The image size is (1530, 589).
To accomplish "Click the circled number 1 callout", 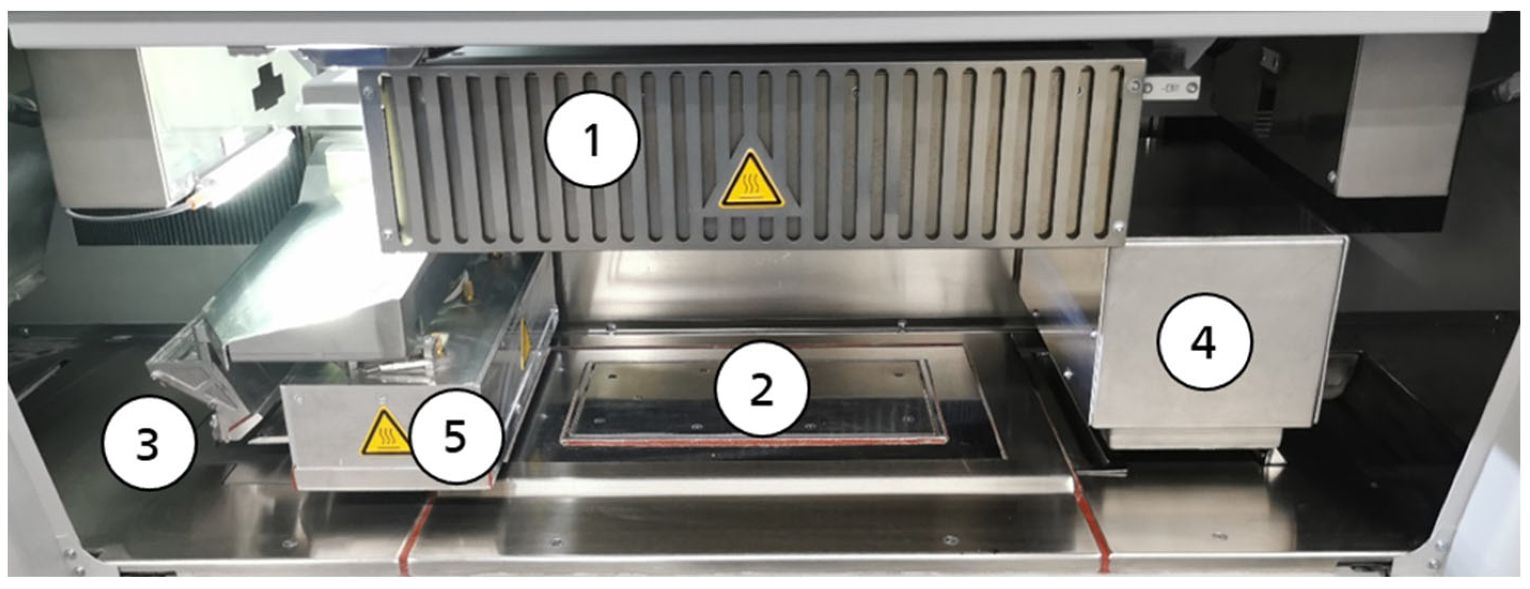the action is pos(592,140).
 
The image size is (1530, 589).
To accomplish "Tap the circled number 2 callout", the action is pos(762,389).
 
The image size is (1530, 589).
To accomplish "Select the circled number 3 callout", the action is pos(148,443).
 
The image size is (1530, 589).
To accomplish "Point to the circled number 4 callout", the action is pos(1205,343).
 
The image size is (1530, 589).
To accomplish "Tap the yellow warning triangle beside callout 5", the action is pos(386,433).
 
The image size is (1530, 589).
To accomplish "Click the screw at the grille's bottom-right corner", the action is pos(1119,226).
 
